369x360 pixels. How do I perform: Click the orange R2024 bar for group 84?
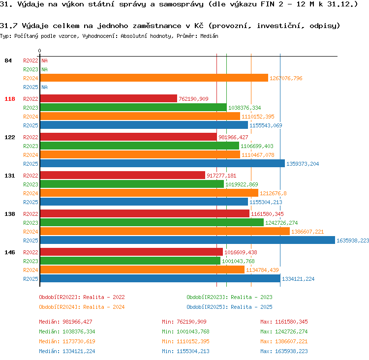(x=154, y=78)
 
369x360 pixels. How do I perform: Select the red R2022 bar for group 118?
(x=109, y=98)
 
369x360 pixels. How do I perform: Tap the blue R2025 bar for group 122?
(x=163, y=163)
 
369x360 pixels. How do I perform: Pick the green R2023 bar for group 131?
(x=132, y=184)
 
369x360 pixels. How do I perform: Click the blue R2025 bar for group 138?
(x=187, y=240)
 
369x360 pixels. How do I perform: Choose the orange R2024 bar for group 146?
(x=142, y=270)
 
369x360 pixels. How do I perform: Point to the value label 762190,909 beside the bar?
(x=193, y=99)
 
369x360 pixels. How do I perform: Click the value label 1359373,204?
(x=303, y=164)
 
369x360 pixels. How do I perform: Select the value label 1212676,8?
(x=273, y=193)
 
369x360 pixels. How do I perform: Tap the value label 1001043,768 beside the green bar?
(x=238, y=261)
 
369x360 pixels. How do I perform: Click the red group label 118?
(x=10, y=99)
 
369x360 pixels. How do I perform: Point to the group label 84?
(x=8, y=60)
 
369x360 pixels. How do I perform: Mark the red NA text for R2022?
(x=44, y=60)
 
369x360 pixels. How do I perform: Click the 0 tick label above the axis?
(x=39, y=51)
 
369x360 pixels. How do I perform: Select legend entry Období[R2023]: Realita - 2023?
(x=229, y=297)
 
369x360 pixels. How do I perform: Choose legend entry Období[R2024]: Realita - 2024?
(x=82, y=307)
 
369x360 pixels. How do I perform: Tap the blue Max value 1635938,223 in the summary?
(x=291, y=351)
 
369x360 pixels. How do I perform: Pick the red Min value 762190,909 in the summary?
(x=191, y=322)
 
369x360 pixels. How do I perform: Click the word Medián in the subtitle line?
(x=209, y=36)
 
